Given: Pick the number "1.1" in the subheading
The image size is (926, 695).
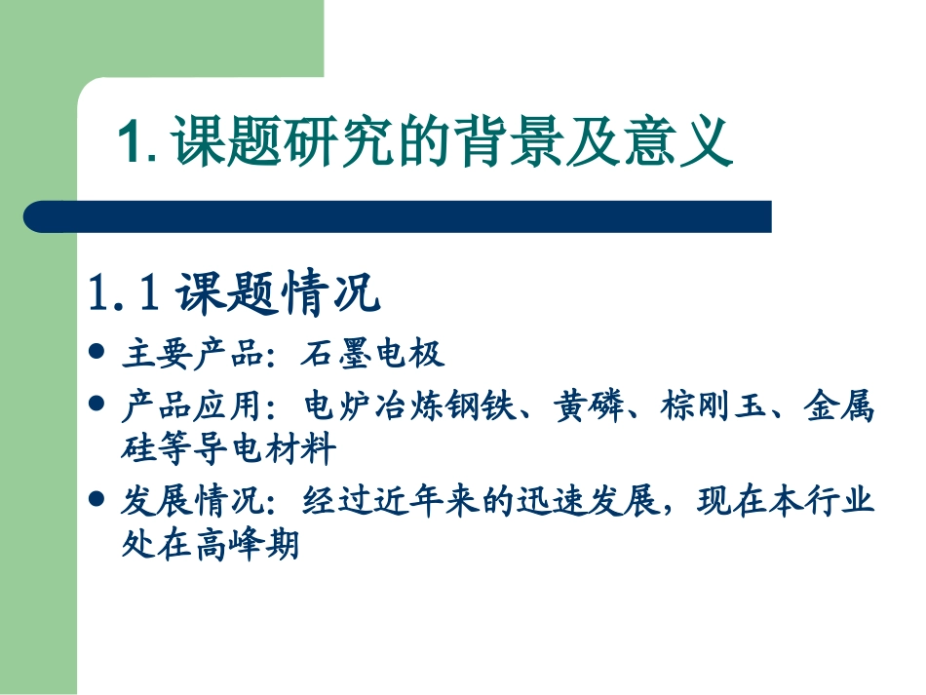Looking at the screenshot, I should (123, 293).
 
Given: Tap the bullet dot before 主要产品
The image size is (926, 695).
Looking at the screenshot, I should (96, 351).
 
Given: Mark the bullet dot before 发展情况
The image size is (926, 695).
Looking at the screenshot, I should (96, 498).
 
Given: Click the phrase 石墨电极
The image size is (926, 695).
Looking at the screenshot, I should (373, 353).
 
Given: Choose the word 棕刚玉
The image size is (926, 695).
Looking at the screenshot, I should (709, 405).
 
